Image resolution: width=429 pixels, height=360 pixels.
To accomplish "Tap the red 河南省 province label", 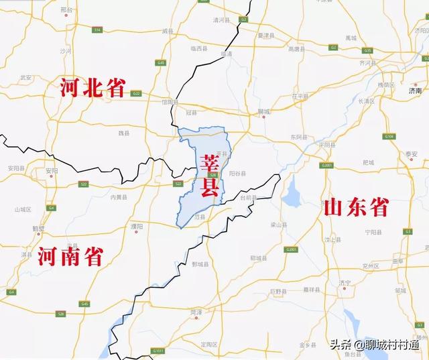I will click(70, 256).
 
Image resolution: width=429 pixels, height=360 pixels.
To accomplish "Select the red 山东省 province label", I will click(355, 206).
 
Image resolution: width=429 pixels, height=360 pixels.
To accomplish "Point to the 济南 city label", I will click(415, 90).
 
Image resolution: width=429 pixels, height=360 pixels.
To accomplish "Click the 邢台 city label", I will click(65, 10).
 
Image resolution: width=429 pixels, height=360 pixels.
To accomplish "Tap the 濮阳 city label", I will click(137, 226).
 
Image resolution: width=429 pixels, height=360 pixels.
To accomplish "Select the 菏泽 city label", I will click(195, 312).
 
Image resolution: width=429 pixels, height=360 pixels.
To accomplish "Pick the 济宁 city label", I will click(345, 283).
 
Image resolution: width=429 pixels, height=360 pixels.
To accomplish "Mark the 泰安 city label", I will click(411, 154).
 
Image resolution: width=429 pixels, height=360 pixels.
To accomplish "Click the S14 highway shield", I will click(97, 31).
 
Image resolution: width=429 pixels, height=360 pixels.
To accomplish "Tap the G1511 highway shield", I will click(157, 350).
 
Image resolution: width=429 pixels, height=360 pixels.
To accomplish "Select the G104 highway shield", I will click(389, 136).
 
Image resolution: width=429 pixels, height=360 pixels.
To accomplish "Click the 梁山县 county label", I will click(278, 225).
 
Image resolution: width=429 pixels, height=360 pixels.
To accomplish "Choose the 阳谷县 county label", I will click(237, 173).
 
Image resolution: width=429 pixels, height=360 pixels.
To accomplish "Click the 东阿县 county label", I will click(298, 137).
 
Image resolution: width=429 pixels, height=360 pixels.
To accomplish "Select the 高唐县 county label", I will click(296, 49).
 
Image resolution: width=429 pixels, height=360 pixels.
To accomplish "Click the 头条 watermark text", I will click(340, 345).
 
